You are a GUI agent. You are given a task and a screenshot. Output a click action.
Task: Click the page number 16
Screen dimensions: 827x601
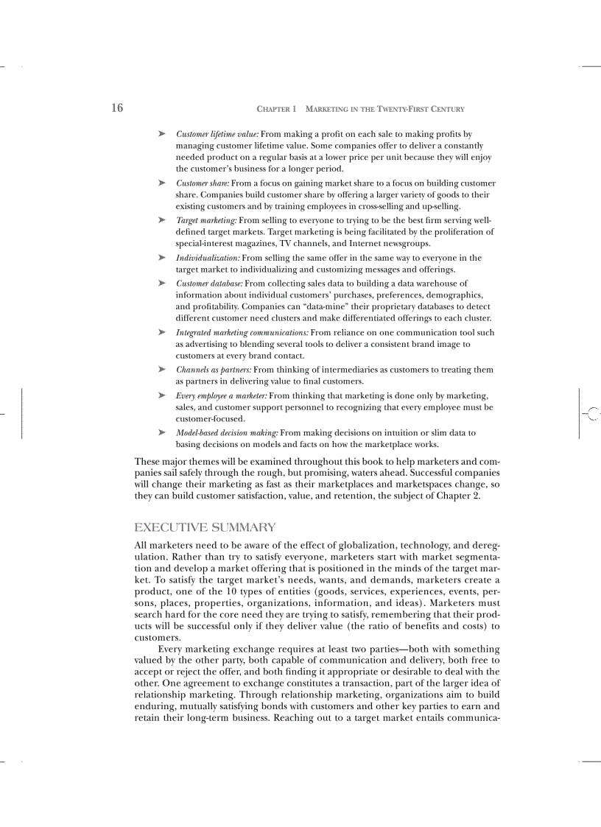[x=117, y=108]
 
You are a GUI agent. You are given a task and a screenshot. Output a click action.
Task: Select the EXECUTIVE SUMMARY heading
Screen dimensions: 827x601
[x=205, y=527]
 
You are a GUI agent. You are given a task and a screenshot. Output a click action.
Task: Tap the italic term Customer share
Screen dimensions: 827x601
[x=203, y=183]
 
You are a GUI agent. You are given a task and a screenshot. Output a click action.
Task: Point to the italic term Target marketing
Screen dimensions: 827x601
[x=206, y=220]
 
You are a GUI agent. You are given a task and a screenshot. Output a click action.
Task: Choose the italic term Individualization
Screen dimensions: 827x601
[x=208, y=258]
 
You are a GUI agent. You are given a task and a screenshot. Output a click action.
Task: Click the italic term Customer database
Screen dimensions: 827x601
[x=209, y=283]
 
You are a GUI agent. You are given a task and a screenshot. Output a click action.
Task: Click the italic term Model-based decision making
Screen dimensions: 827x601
[x=227, y=433]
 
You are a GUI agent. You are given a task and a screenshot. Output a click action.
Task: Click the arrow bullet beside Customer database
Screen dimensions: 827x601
[x=161, y=283]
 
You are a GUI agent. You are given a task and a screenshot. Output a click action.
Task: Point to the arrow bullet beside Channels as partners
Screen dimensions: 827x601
[x=161, y=370]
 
